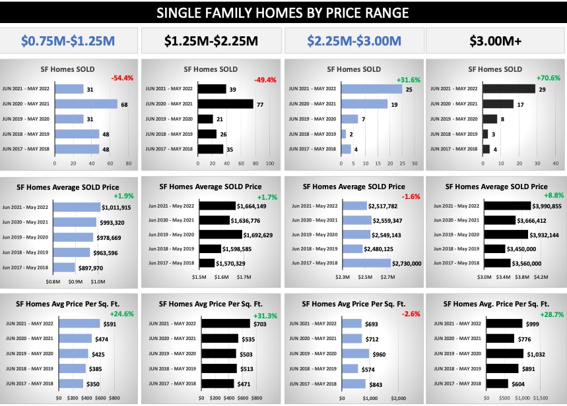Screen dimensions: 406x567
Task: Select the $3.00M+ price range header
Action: [x=496, y=41]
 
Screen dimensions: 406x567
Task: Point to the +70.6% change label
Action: [x=549, y=78]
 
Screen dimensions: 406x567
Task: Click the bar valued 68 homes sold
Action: [x=86, y=104]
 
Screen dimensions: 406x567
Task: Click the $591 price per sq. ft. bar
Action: [x=80, y=324]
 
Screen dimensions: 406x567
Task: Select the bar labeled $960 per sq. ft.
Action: [x=369, y=353]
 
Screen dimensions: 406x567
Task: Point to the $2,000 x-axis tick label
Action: [x=398, y=398]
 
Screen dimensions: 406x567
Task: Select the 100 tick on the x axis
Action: [x=269, y=162]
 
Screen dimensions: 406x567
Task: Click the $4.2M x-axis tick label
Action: [x=541, y=277]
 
